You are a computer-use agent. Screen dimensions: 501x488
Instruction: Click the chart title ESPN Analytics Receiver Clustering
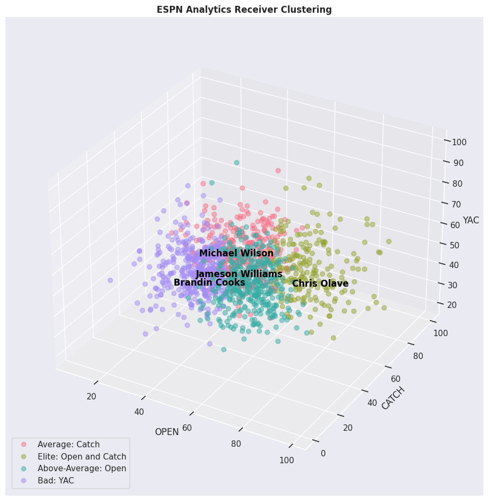pos(244,10)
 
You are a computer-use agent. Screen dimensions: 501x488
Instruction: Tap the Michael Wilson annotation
pos(236,254)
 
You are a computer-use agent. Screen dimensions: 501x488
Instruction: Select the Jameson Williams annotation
pos(239,274)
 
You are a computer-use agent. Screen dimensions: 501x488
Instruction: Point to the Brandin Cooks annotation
pos(209,283)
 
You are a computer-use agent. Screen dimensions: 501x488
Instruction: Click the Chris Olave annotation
pos(320,284)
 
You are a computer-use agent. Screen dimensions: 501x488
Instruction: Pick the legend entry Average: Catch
pos(68,445)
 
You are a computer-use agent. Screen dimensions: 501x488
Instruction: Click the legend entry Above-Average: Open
pos(81,469)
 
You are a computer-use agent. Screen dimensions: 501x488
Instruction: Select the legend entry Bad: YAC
pos(55,480)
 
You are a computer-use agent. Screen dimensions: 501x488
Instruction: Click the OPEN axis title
pos(167,432)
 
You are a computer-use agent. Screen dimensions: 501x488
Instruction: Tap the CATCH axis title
pos(393,398)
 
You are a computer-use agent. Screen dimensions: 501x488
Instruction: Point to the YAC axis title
pos(470,220)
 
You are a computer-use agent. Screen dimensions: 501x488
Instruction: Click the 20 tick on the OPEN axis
pos(91,396)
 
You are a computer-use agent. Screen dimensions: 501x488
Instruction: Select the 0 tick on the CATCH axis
pos(323,453)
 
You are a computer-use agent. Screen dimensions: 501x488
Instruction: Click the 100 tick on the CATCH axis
pos(441,333)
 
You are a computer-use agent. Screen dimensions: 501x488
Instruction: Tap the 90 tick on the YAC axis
pos(458,163)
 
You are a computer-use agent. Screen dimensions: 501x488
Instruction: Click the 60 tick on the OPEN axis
pos(187,428)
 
